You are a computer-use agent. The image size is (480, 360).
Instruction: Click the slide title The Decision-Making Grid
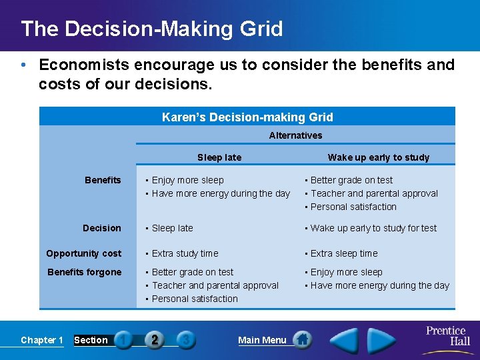[152, 29]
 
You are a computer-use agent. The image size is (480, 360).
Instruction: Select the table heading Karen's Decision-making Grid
[247, 117]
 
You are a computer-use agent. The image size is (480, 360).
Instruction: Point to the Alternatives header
[295, 135]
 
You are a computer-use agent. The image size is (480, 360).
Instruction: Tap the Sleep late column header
[219, 157]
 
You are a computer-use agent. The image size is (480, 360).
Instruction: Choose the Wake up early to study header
[378, 157]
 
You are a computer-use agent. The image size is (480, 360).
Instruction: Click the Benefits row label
[103, 180]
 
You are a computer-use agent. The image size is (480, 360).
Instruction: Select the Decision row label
[102, 228]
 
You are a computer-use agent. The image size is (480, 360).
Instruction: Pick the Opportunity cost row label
[84, 253]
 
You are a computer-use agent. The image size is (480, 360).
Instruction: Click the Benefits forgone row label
[85, 272]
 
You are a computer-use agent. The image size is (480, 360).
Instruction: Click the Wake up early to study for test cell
[373, 228]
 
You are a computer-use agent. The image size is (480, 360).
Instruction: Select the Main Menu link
[262, 340]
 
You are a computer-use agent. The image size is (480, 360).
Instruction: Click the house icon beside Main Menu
[303, 339]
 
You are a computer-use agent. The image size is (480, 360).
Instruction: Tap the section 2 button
[154, 340]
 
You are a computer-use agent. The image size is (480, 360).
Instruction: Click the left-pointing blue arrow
[345, 340]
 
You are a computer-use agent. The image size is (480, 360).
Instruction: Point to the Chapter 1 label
[42, 340]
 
